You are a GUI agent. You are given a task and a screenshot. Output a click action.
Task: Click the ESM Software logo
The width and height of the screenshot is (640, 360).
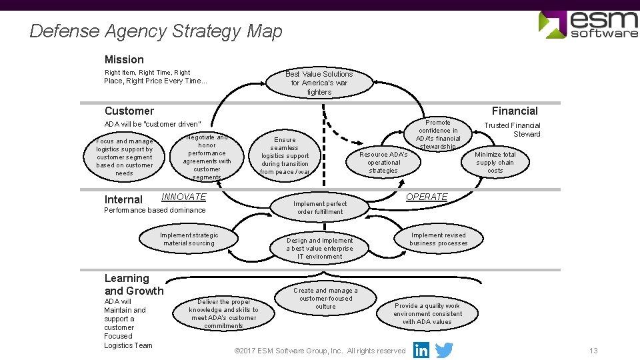pos(587,25)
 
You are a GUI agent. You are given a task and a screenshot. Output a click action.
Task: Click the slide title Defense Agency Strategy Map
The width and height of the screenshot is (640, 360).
pos(156,31)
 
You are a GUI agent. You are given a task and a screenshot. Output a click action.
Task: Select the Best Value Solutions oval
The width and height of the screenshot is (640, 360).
pos(319,83)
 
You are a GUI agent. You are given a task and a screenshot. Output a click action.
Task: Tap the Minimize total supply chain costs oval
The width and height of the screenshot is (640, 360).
pos(495,162)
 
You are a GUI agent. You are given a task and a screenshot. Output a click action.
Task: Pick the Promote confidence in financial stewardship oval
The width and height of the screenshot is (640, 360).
pos(438,135)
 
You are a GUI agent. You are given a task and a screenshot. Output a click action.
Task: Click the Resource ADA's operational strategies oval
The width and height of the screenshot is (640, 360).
pos(383,162)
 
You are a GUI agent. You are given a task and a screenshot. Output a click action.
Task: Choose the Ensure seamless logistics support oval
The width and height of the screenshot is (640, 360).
pos(285,156)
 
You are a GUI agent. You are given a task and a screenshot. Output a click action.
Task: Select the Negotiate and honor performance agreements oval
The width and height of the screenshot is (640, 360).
pos(207,157)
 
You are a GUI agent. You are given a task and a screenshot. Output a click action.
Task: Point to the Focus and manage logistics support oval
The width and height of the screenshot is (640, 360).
pos(124,157)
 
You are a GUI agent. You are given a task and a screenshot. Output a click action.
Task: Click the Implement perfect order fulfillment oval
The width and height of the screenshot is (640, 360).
pos(319,208)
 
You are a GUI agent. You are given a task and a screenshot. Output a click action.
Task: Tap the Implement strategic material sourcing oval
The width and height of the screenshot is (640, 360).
pos(189,239)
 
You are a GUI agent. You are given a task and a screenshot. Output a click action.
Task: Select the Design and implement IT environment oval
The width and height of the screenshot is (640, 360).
pos(319,248)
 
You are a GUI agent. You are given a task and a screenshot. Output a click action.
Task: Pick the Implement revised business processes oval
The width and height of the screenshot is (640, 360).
pos(438,239)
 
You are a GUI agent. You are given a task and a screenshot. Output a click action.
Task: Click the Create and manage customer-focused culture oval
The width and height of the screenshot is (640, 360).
pos(325,299)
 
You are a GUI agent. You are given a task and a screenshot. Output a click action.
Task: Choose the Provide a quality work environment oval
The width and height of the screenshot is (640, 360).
pos(427,313)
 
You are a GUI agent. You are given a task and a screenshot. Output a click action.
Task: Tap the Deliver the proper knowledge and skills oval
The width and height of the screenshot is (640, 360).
pos(223,313)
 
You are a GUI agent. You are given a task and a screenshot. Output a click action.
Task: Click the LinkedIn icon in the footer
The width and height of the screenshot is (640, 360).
pos(421,350)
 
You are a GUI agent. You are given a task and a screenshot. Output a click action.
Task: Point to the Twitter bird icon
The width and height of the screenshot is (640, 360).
pos(443,350)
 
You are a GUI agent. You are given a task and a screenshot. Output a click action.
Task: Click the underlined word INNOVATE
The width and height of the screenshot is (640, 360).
pos(184,197)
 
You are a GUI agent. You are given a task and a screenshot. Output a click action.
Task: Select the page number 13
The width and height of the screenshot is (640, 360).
pos(593,351)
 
